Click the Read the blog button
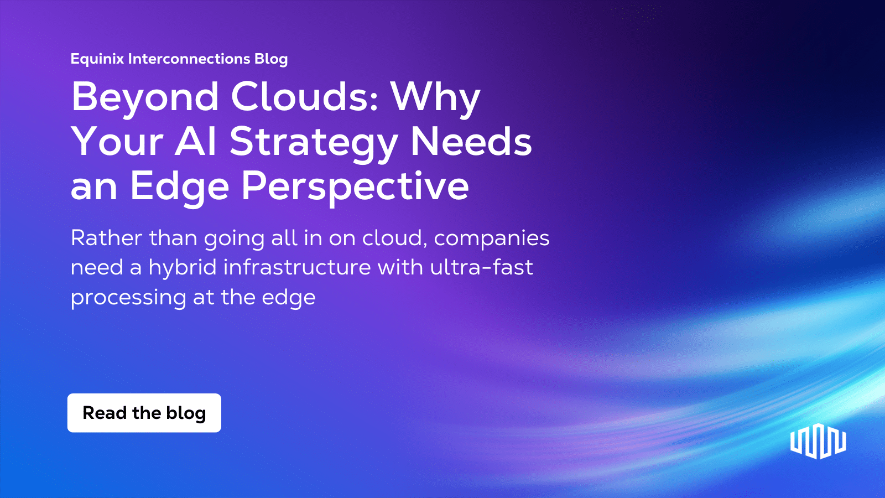coord(144,413)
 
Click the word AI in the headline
coord(196,142)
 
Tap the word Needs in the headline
coord(471,142)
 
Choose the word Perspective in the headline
coord(355,186)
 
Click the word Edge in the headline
coord(179,186)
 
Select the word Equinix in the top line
coord(97,59)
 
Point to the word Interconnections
coord(189,59)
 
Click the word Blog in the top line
coord(271,59)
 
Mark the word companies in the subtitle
coord(491,239)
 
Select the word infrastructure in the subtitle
coord(297,267)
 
